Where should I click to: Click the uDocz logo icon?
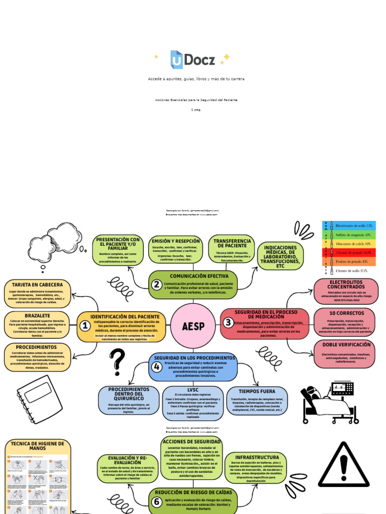tap(176, 59)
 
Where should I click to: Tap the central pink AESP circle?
tap(193, 326)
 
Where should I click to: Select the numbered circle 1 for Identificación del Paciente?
tap(85, 326)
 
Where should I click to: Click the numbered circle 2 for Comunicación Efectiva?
tap(157, 285)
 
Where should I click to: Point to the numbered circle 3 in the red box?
tap(228, 322)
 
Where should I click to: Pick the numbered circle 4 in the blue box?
tap(157, 367)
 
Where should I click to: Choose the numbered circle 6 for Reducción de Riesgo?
tap(157, 501)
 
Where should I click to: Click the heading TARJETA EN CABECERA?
tap(38, 285)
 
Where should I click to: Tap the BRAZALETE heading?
tap(37, 316)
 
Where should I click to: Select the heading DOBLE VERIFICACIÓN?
tap(346, 345)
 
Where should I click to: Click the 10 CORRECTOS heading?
tap(346, 313)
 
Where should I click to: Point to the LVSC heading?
tap(193, 390)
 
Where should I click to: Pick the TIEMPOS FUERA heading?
tap(257, 391)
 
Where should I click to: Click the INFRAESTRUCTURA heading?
tap(257, 457)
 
